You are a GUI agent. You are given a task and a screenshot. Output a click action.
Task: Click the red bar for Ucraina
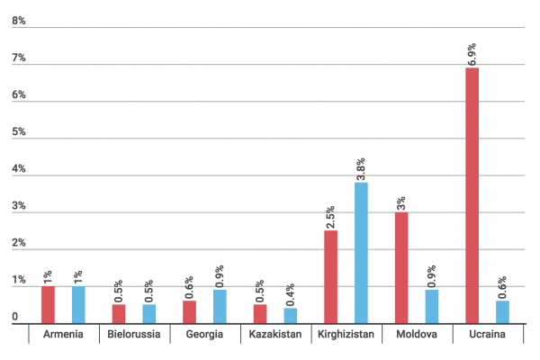(472, 195)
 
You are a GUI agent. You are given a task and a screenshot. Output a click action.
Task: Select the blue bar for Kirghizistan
(361, 253)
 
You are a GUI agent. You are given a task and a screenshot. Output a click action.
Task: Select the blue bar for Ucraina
(502, 312)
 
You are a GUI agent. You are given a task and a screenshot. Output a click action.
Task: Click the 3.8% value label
(361, 167)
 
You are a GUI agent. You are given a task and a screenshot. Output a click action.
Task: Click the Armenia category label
(63, 335)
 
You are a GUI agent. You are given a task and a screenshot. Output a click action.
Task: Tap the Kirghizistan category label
(346, 335)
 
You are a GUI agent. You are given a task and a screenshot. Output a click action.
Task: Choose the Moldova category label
(416, 335)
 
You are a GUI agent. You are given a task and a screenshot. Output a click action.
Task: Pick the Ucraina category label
(487, 335)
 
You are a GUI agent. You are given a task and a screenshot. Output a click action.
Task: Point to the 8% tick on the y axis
(17, 21)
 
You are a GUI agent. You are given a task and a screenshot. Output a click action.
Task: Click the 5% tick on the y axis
(17, 132)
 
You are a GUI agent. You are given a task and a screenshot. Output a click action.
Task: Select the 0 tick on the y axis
(15, 317)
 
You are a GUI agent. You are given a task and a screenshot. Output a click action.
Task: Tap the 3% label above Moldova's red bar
(401, 202)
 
